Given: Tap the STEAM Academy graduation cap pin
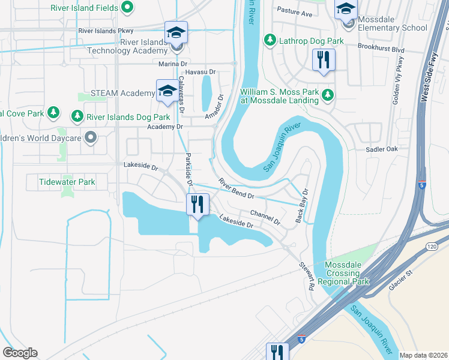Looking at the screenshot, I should [167, 91].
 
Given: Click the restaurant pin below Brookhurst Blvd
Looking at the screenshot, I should [324, 60].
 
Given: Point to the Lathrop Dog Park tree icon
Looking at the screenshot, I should [270, 40].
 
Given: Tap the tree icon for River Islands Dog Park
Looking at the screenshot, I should [76, 116].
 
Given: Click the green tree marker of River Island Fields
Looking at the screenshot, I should [127, 7].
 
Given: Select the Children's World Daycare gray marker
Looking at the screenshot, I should [91, 138].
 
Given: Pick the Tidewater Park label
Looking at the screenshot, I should [67, 181].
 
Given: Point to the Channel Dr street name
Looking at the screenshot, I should [265, 217].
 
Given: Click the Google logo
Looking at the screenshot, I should [20, 353].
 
